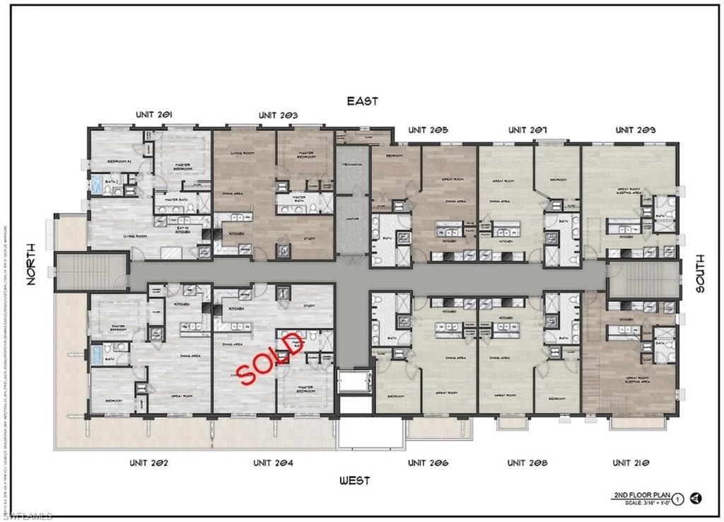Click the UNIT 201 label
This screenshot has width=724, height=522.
154,115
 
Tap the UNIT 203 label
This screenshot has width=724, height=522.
278,115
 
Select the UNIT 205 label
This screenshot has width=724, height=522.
428,130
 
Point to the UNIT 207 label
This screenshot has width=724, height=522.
527,130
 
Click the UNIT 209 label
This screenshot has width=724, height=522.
635,130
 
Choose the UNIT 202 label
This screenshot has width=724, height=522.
148,463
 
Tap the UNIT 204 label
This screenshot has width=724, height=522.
273,463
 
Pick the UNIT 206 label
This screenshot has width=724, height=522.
428,463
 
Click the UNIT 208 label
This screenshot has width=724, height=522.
527,463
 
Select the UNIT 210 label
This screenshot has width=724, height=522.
631,463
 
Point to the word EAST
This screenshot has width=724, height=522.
362,101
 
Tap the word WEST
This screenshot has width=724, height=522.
354,481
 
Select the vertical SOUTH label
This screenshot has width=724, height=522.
700,274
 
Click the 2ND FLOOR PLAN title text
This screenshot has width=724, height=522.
637,496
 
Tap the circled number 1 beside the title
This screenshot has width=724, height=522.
677,498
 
